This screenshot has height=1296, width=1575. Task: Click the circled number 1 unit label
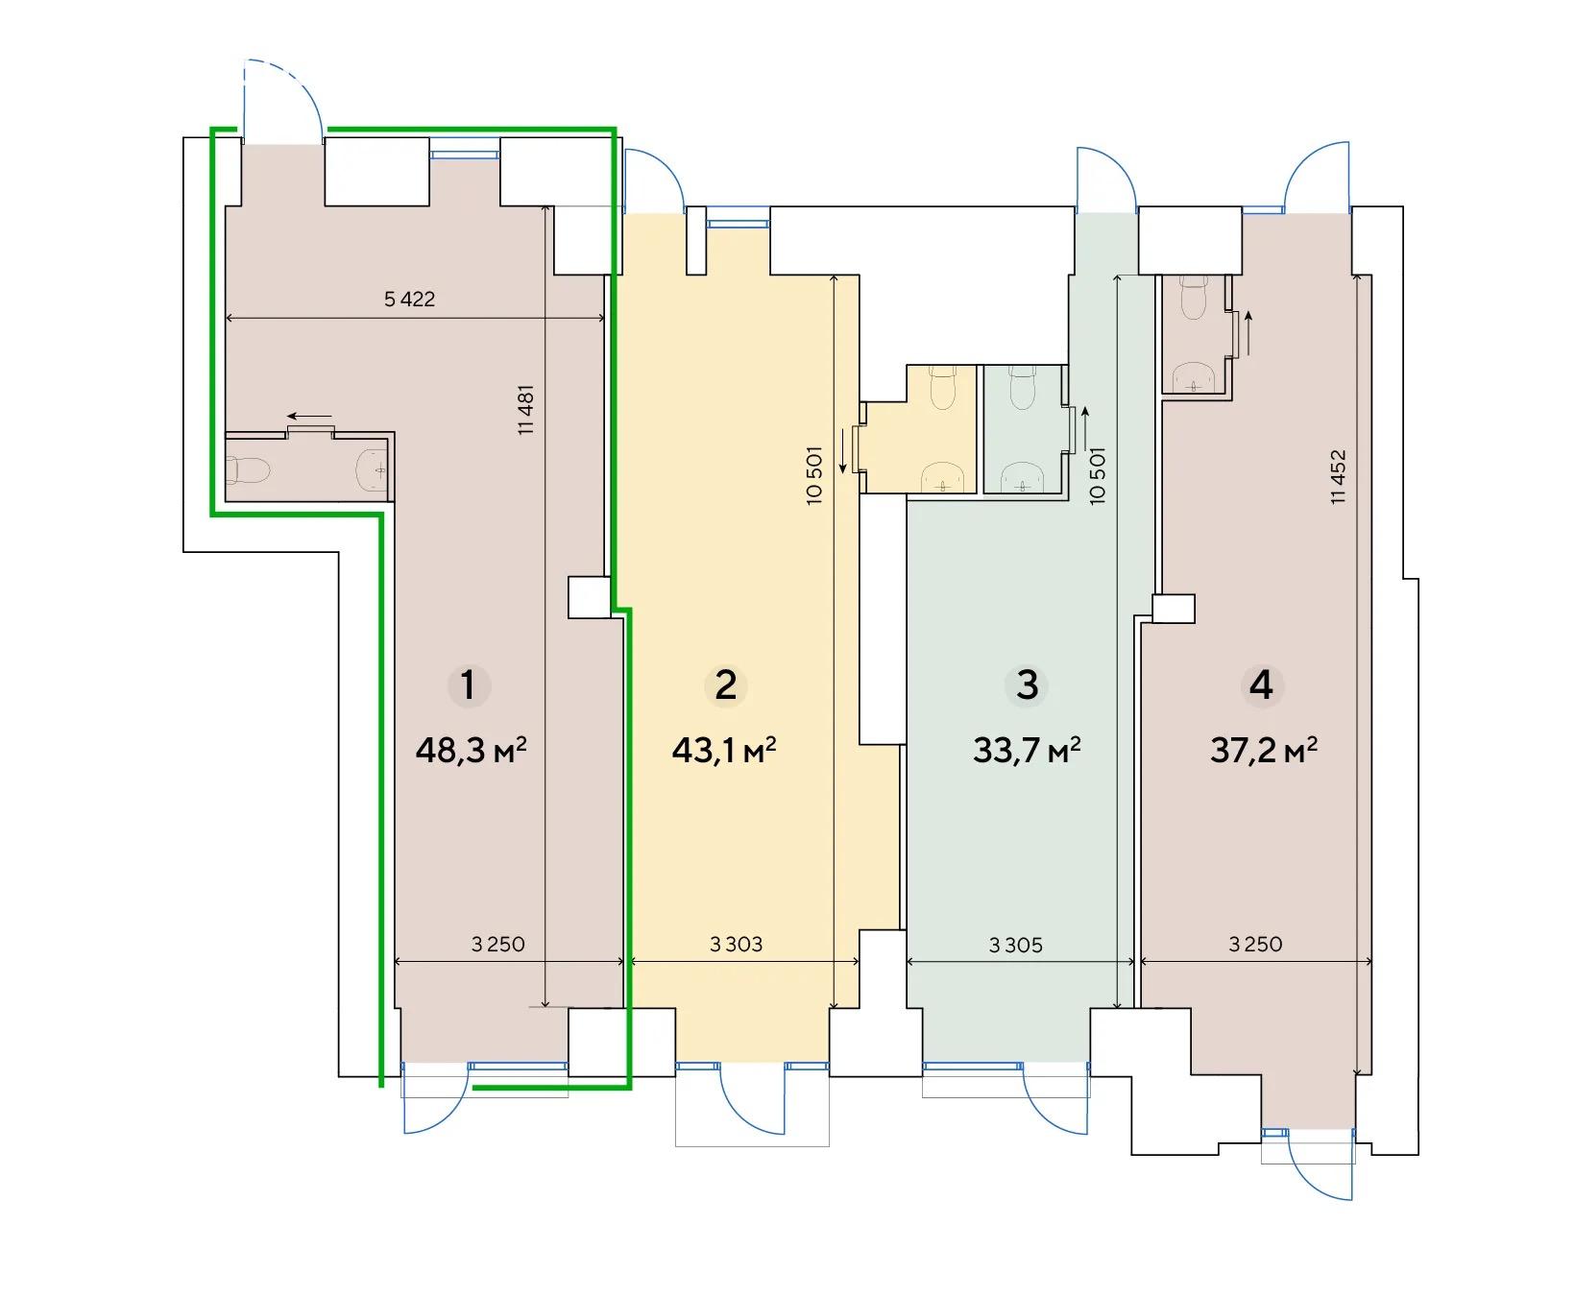point(468,685)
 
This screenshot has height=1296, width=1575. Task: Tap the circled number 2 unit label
point(725,685)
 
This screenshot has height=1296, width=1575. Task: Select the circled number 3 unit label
point(1027,685)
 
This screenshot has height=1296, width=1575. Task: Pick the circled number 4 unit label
point(1261,685)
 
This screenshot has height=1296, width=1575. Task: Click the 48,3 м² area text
point(472,749)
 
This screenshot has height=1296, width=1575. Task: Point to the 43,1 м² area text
point(724,749)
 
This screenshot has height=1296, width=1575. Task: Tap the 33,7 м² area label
point(1027,749)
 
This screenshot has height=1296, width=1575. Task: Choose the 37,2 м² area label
point(1263,749)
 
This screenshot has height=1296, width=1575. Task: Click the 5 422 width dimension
point(409,299)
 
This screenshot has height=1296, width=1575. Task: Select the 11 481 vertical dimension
point(525,410)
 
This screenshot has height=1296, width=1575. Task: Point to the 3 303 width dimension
point(737,944)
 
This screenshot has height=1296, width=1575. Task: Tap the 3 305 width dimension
point(1016,946)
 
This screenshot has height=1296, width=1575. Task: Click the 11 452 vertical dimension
point(1339,476)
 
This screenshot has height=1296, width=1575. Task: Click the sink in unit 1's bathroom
point(373,469)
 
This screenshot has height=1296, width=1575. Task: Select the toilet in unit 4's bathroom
point(1192,299)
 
